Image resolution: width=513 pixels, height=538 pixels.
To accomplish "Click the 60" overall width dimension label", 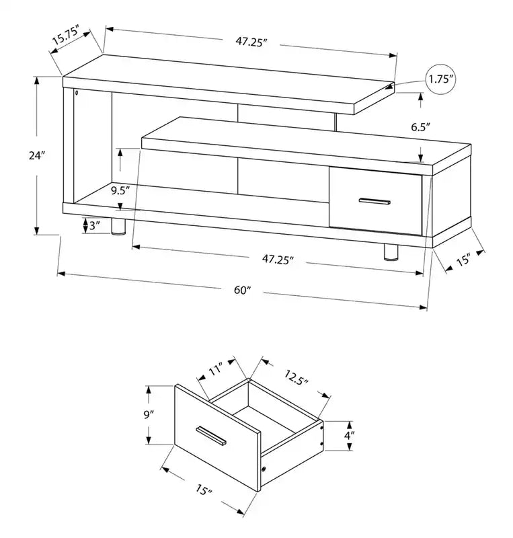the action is (243, 290).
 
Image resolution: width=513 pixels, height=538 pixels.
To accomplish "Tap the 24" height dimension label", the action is (37, 155).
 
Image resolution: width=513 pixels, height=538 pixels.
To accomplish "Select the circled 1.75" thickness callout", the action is (441, 79).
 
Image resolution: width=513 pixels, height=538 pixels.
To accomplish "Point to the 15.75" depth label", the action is (66, 34).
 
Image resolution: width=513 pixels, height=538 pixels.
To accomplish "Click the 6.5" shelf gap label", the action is (421, 127).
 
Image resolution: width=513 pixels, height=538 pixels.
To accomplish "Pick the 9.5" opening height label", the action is (120, 190).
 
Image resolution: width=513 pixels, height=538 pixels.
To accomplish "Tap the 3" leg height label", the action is (94, 225).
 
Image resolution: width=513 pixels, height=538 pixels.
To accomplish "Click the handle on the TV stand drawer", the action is (374, 201).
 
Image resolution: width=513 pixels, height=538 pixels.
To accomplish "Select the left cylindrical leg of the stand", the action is (118, 227).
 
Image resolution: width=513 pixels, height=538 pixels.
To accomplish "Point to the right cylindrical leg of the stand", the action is (391, 252).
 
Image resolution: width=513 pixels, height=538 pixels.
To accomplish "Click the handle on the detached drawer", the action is (210, 436).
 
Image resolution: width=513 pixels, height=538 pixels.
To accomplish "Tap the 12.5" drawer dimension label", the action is (296, 377).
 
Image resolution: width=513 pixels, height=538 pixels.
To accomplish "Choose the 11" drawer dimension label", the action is (216, 369).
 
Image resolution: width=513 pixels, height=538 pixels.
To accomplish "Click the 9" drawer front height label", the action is (148, 415).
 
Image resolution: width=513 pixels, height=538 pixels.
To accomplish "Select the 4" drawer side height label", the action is (350, 436).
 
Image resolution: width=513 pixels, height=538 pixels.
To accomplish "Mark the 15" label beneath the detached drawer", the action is (204, 490).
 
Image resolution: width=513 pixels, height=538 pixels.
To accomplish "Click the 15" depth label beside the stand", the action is (463, 260).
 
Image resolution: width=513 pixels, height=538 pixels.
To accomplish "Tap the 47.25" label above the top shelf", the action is (251, 42).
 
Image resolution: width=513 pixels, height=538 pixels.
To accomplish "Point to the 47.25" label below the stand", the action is (278, 260).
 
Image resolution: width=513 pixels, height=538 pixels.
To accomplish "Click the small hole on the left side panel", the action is (76, 93).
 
